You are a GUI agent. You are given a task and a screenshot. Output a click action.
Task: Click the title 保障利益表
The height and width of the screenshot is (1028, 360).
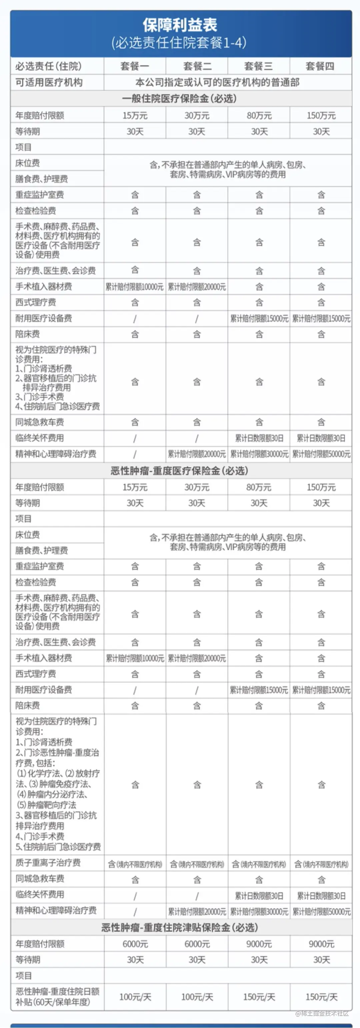coord(180,25)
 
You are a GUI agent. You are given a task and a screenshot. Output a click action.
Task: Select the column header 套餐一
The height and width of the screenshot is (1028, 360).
coord(135,66)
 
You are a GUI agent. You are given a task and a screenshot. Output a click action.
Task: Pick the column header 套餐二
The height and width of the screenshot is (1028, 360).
coord(197,66)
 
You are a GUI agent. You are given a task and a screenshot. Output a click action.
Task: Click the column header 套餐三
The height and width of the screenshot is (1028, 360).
coord(259,66)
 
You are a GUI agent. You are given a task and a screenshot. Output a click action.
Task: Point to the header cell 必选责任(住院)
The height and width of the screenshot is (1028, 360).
coord(48,66)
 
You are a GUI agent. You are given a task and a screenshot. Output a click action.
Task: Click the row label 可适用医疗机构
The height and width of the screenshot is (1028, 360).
coord(49,83)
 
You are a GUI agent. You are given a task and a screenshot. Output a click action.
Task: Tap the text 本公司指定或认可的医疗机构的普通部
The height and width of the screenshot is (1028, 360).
coord(218,83)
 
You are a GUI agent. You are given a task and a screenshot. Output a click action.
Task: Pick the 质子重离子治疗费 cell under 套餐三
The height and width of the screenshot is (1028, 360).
coord(259,864)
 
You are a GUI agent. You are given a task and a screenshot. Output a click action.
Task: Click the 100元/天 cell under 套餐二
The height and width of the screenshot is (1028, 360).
coord(197,997)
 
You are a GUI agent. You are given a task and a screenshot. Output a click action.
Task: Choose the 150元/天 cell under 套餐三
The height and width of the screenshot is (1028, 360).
coord(259,997)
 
